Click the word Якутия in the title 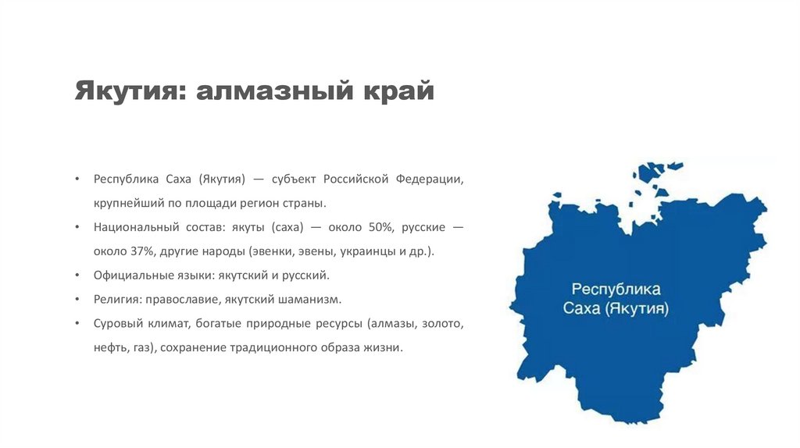click(x=130, y=91)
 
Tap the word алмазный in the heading click(x=274, y=91)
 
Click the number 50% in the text click(x=381, y=227)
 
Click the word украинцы click(x=367, y=252)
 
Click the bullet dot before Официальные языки click(x=77, y=276)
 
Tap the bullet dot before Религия click(x=77, y=299)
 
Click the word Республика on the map click(x=616, y=290)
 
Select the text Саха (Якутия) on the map click(x=616, y=308)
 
